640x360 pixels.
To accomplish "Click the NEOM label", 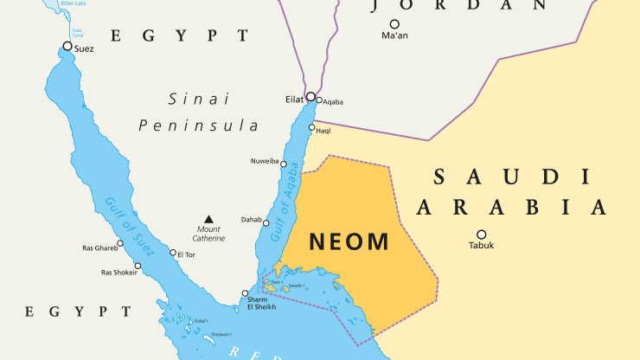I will [349, 241].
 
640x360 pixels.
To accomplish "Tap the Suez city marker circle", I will [67, 46].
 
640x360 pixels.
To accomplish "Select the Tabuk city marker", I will [482, 234].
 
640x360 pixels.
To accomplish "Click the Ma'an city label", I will [394, 36].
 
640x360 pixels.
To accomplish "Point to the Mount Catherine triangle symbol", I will [208, 219].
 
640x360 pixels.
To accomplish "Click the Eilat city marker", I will [310, 97].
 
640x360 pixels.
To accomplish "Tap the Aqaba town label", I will [333, 102].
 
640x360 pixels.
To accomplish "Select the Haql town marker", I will [311, 127].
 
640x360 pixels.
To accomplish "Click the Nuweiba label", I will [265, 162].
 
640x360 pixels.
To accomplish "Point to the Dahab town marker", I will [266, 223].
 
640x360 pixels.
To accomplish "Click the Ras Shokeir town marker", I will [137, 266].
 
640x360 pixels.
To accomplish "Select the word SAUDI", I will [510, 177].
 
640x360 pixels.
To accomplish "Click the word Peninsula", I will [198, 125].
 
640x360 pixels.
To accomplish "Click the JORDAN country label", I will [458, 5].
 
